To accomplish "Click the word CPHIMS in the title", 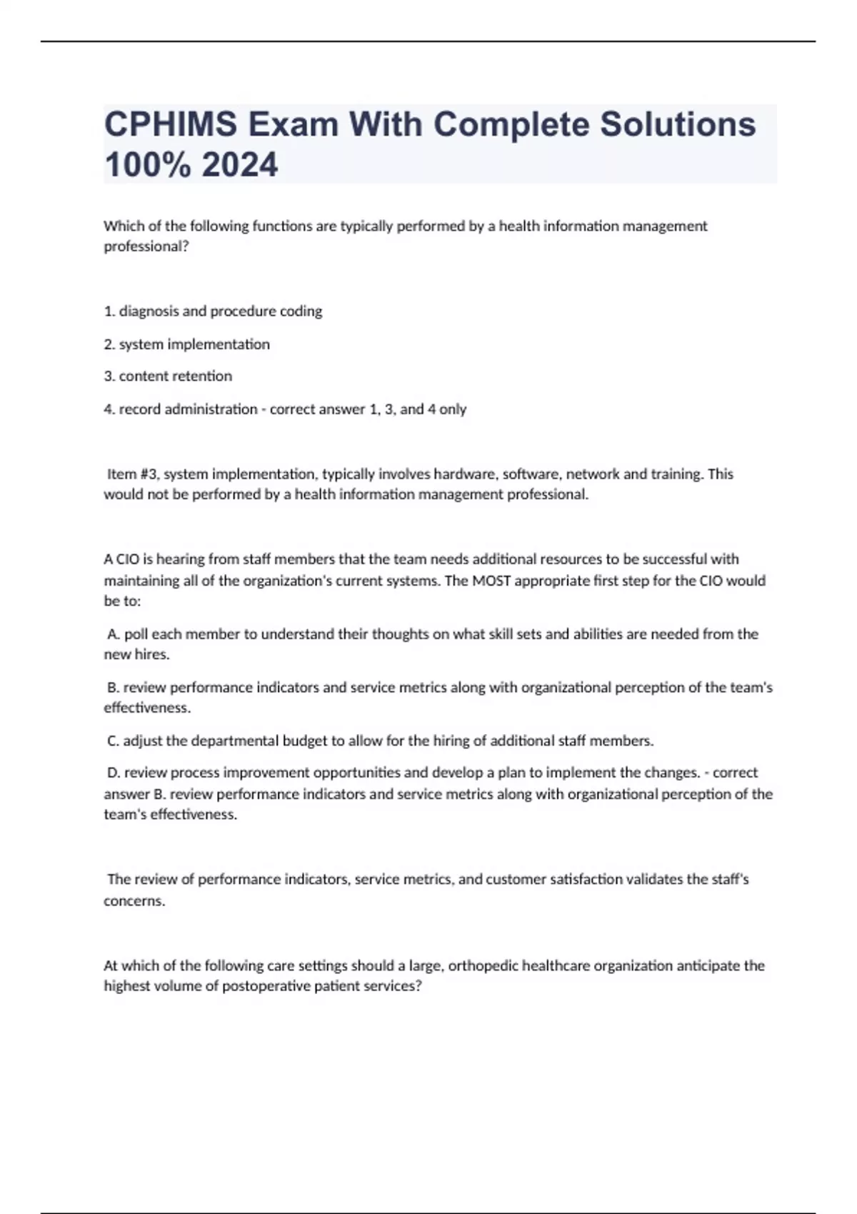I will (x=171, y=124).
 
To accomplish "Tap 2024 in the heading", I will (x=240, y=165).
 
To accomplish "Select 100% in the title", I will (x=148, y=165).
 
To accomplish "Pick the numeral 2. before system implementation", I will (x=109, y=344).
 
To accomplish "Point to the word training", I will (x=676, y=474).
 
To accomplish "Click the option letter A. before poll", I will (x=113, y=634).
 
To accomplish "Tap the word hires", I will (x=151, y=655).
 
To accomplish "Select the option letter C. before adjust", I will (x=113, y=741).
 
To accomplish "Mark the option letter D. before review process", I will (x=113, y=773).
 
